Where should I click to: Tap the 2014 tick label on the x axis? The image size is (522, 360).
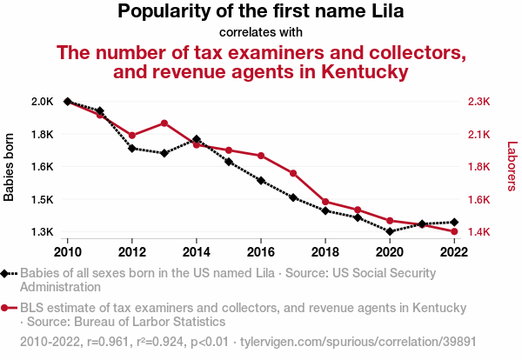pos(197,251)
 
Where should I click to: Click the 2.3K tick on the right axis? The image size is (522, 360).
pos(479,102)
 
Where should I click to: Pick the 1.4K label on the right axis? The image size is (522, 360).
pos(479,232)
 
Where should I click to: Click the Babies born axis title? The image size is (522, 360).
pos(10,167)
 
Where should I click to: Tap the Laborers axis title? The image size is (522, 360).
pos(512,167)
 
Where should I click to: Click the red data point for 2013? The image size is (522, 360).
pos(164,123)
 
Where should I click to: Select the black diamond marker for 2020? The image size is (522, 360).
pos(390,231)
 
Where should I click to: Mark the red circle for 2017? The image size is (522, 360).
pos(293,173)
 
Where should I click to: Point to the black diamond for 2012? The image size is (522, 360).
pos(132,148)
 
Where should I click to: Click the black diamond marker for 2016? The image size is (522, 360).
pos(261,181)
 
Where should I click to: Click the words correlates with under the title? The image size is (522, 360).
pos(261,32)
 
